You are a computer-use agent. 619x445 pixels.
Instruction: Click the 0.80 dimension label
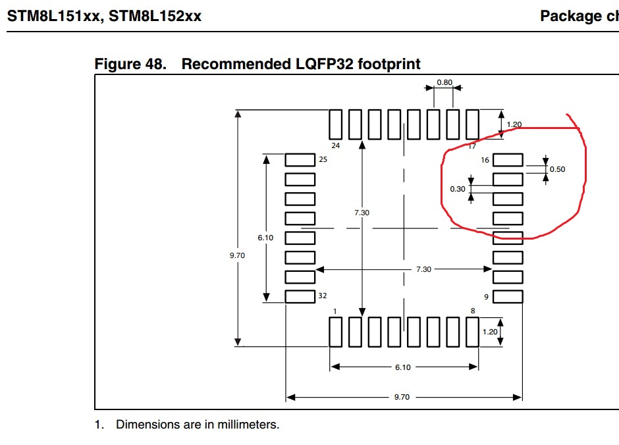(x=444, y=83)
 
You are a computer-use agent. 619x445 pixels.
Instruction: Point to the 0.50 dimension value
(x=557, y=169)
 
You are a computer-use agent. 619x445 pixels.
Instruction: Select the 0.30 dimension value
(x=457, y=189)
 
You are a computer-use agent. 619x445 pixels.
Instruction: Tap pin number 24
(x=336, y=145)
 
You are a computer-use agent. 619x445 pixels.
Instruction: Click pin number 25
(x=323, y=159)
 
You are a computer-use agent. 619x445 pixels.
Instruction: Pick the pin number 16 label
(x=485, y=160)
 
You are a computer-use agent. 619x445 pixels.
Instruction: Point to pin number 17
(x=472, y=146)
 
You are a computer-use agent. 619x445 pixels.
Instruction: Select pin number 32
(x=323, y=296)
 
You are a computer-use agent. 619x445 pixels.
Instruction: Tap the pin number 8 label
(x=472, y=311)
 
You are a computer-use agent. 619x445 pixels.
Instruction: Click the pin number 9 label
(x=486, y=297)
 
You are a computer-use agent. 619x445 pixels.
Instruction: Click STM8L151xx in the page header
(x=53, y=16)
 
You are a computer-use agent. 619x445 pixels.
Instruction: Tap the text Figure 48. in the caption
(x=130, y=65)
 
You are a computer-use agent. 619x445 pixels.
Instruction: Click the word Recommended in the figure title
(x=234, y=65)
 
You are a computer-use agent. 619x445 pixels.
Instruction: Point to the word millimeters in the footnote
(x=245, y=425)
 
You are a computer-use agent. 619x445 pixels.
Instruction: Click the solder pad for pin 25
(x=300, y=159)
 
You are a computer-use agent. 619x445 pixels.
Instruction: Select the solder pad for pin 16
(x=508, y=159)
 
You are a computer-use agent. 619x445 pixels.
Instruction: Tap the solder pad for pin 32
(x=300, y=296)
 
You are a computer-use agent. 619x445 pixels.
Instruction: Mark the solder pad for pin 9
(x=508, y=296)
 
